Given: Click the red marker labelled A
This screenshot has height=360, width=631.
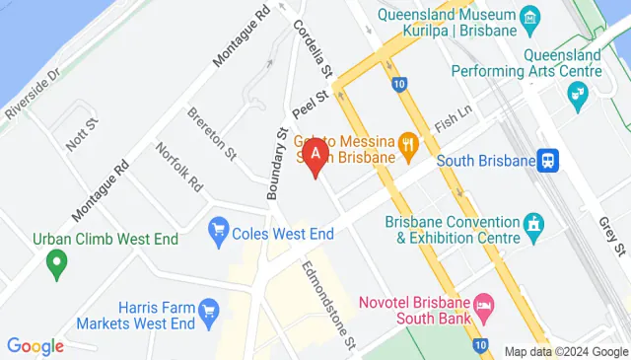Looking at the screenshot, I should point(315,156).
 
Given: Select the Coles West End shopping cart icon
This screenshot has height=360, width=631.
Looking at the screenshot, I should point(219,233).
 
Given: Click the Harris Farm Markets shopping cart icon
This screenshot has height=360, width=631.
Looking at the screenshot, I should point(208,312).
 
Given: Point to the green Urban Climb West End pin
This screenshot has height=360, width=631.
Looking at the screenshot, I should point(56,262).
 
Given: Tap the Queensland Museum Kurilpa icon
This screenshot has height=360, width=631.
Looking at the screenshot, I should point(531,18).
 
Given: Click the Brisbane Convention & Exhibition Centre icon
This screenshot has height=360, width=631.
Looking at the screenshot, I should point(535,225).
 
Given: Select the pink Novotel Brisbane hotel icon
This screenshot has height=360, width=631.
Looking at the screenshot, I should point(483,303).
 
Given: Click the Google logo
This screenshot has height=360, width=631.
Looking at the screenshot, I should point(35,346).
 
